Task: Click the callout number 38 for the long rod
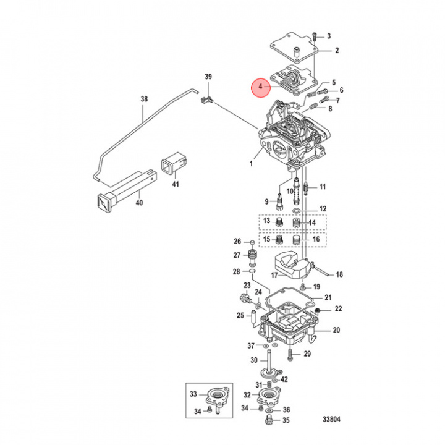click(144, 99)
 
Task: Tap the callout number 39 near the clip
click(208, 76)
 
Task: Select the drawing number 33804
click(331, 419)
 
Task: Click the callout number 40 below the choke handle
click(138, 202)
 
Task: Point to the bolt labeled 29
click(289, 354)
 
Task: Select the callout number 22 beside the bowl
click(338, 308)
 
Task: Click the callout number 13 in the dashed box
click(266, 221)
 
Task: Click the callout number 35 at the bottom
click(286, 421)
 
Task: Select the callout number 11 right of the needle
click(322, 187)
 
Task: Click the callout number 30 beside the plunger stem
click(253, 360)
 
